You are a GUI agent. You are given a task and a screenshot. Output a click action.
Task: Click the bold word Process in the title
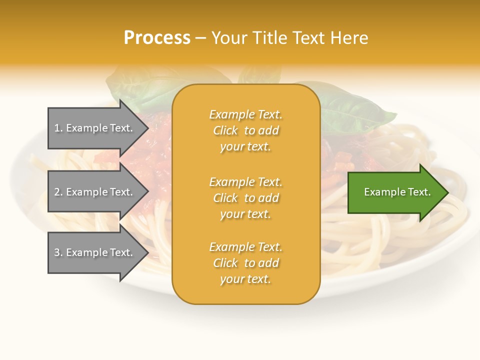[157, 38]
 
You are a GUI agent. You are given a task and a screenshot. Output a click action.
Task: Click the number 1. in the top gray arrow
[58, 128]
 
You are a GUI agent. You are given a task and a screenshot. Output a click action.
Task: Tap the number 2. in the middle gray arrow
[58, 192]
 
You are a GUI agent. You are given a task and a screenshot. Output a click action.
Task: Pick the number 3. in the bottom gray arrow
[58, 252]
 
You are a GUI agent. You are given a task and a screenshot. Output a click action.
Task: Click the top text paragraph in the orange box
[245, 130]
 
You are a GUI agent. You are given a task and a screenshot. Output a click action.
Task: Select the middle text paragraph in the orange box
[245, 198]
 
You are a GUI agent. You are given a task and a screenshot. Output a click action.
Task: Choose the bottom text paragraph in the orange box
[245, 263]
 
